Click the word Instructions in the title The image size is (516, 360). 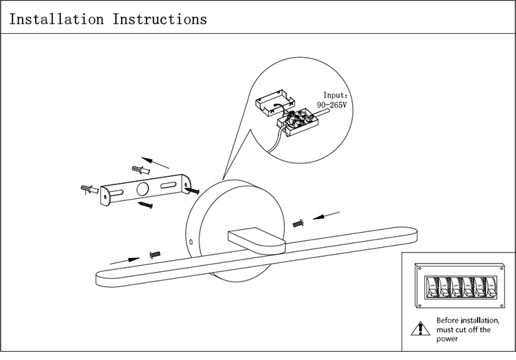[160, 19]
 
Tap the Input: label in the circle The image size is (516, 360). [337, 96]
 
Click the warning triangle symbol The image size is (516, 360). [419, 329]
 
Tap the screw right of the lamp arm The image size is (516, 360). [299, 223]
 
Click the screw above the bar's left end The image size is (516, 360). [154, 254]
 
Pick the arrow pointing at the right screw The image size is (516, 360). [329, 216]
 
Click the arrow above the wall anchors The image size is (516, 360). [158, 162]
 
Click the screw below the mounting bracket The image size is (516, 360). [145, 206]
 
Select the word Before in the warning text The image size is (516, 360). [448, 321]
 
